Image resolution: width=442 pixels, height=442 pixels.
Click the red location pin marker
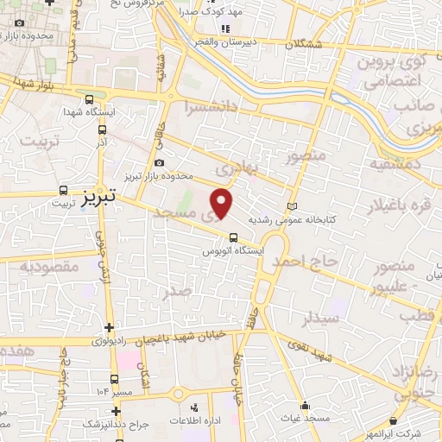click(x=223, y=204)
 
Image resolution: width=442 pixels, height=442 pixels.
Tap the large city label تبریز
click(x=97, y=199)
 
